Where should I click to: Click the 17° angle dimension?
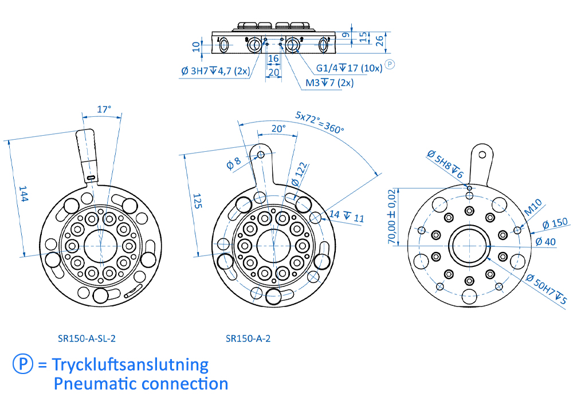tap(103, 108)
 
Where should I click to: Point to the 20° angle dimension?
tap(278, 129)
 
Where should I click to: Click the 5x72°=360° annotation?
tap(320, 122)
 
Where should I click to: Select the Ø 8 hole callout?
tap(235, 163)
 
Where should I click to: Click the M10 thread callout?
tap(533, 207)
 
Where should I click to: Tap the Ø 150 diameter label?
tap(554, 223)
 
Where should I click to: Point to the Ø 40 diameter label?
tap(545, 241)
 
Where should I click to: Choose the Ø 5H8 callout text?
tap(445, 163)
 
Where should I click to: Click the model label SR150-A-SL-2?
tap(87, 338)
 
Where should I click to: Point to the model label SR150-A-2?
tap(248, 338)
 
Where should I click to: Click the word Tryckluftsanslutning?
tap(130, 364)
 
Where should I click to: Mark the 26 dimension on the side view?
tap(379, 40)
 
